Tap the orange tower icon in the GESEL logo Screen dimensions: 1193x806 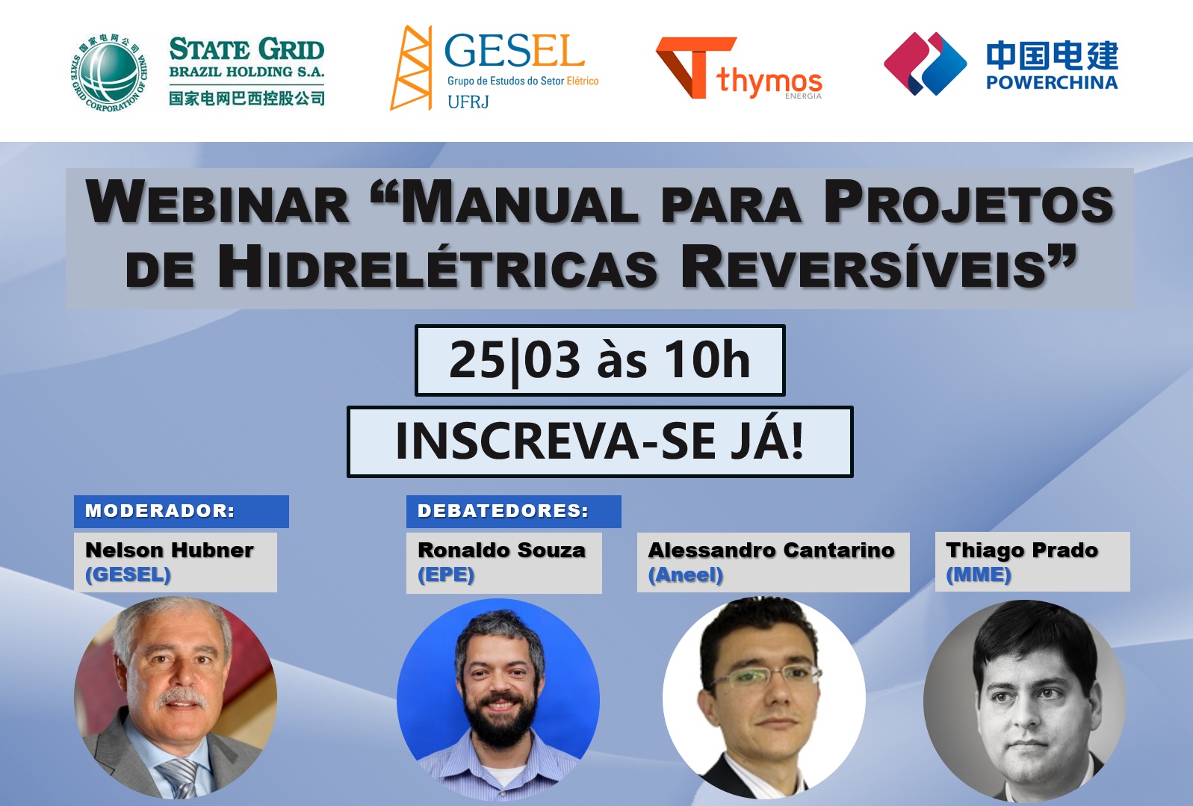pos(411,68)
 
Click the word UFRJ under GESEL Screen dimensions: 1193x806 pos(468,101)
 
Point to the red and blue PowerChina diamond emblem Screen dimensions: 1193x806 pos(925,64)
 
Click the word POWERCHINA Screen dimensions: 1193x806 pos(1052,83)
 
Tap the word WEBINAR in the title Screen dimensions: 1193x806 pos(217,203)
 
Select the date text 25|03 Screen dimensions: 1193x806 pos(515,360)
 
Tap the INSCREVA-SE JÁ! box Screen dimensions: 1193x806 pos(600,441)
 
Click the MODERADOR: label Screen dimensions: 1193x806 pos(160,511)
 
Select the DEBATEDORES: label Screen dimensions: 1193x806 pos(503,511)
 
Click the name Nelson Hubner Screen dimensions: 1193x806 pos(170,551)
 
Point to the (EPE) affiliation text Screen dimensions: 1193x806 pos(446,574)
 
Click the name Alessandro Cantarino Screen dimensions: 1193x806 pos(771,551)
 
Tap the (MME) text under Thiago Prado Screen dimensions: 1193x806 pos(979,574)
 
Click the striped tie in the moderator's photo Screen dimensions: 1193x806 pos(181,778)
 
